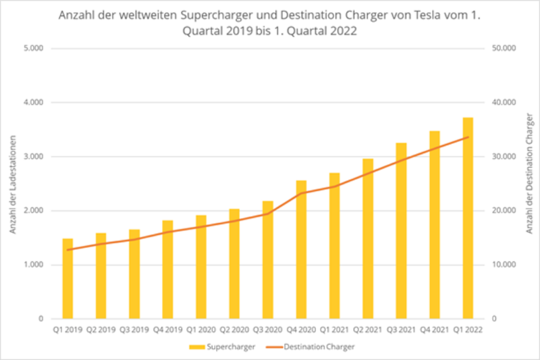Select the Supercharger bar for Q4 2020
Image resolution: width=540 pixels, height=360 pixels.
click(301, 250)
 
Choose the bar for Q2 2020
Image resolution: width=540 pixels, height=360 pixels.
click(234, 264)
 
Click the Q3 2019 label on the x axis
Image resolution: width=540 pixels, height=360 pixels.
click(134, 330)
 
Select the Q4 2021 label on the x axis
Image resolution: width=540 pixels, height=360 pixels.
click(434, 330)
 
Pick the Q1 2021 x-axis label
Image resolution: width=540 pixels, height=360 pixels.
click(334, 330)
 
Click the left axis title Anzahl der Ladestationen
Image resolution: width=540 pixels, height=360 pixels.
click(13, 184)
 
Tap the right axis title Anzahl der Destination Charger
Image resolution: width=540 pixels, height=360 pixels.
click(530, 184)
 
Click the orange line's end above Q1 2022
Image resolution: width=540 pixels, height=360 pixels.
click(468, 137)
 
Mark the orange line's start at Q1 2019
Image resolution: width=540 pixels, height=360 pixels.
click(67, 250)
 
